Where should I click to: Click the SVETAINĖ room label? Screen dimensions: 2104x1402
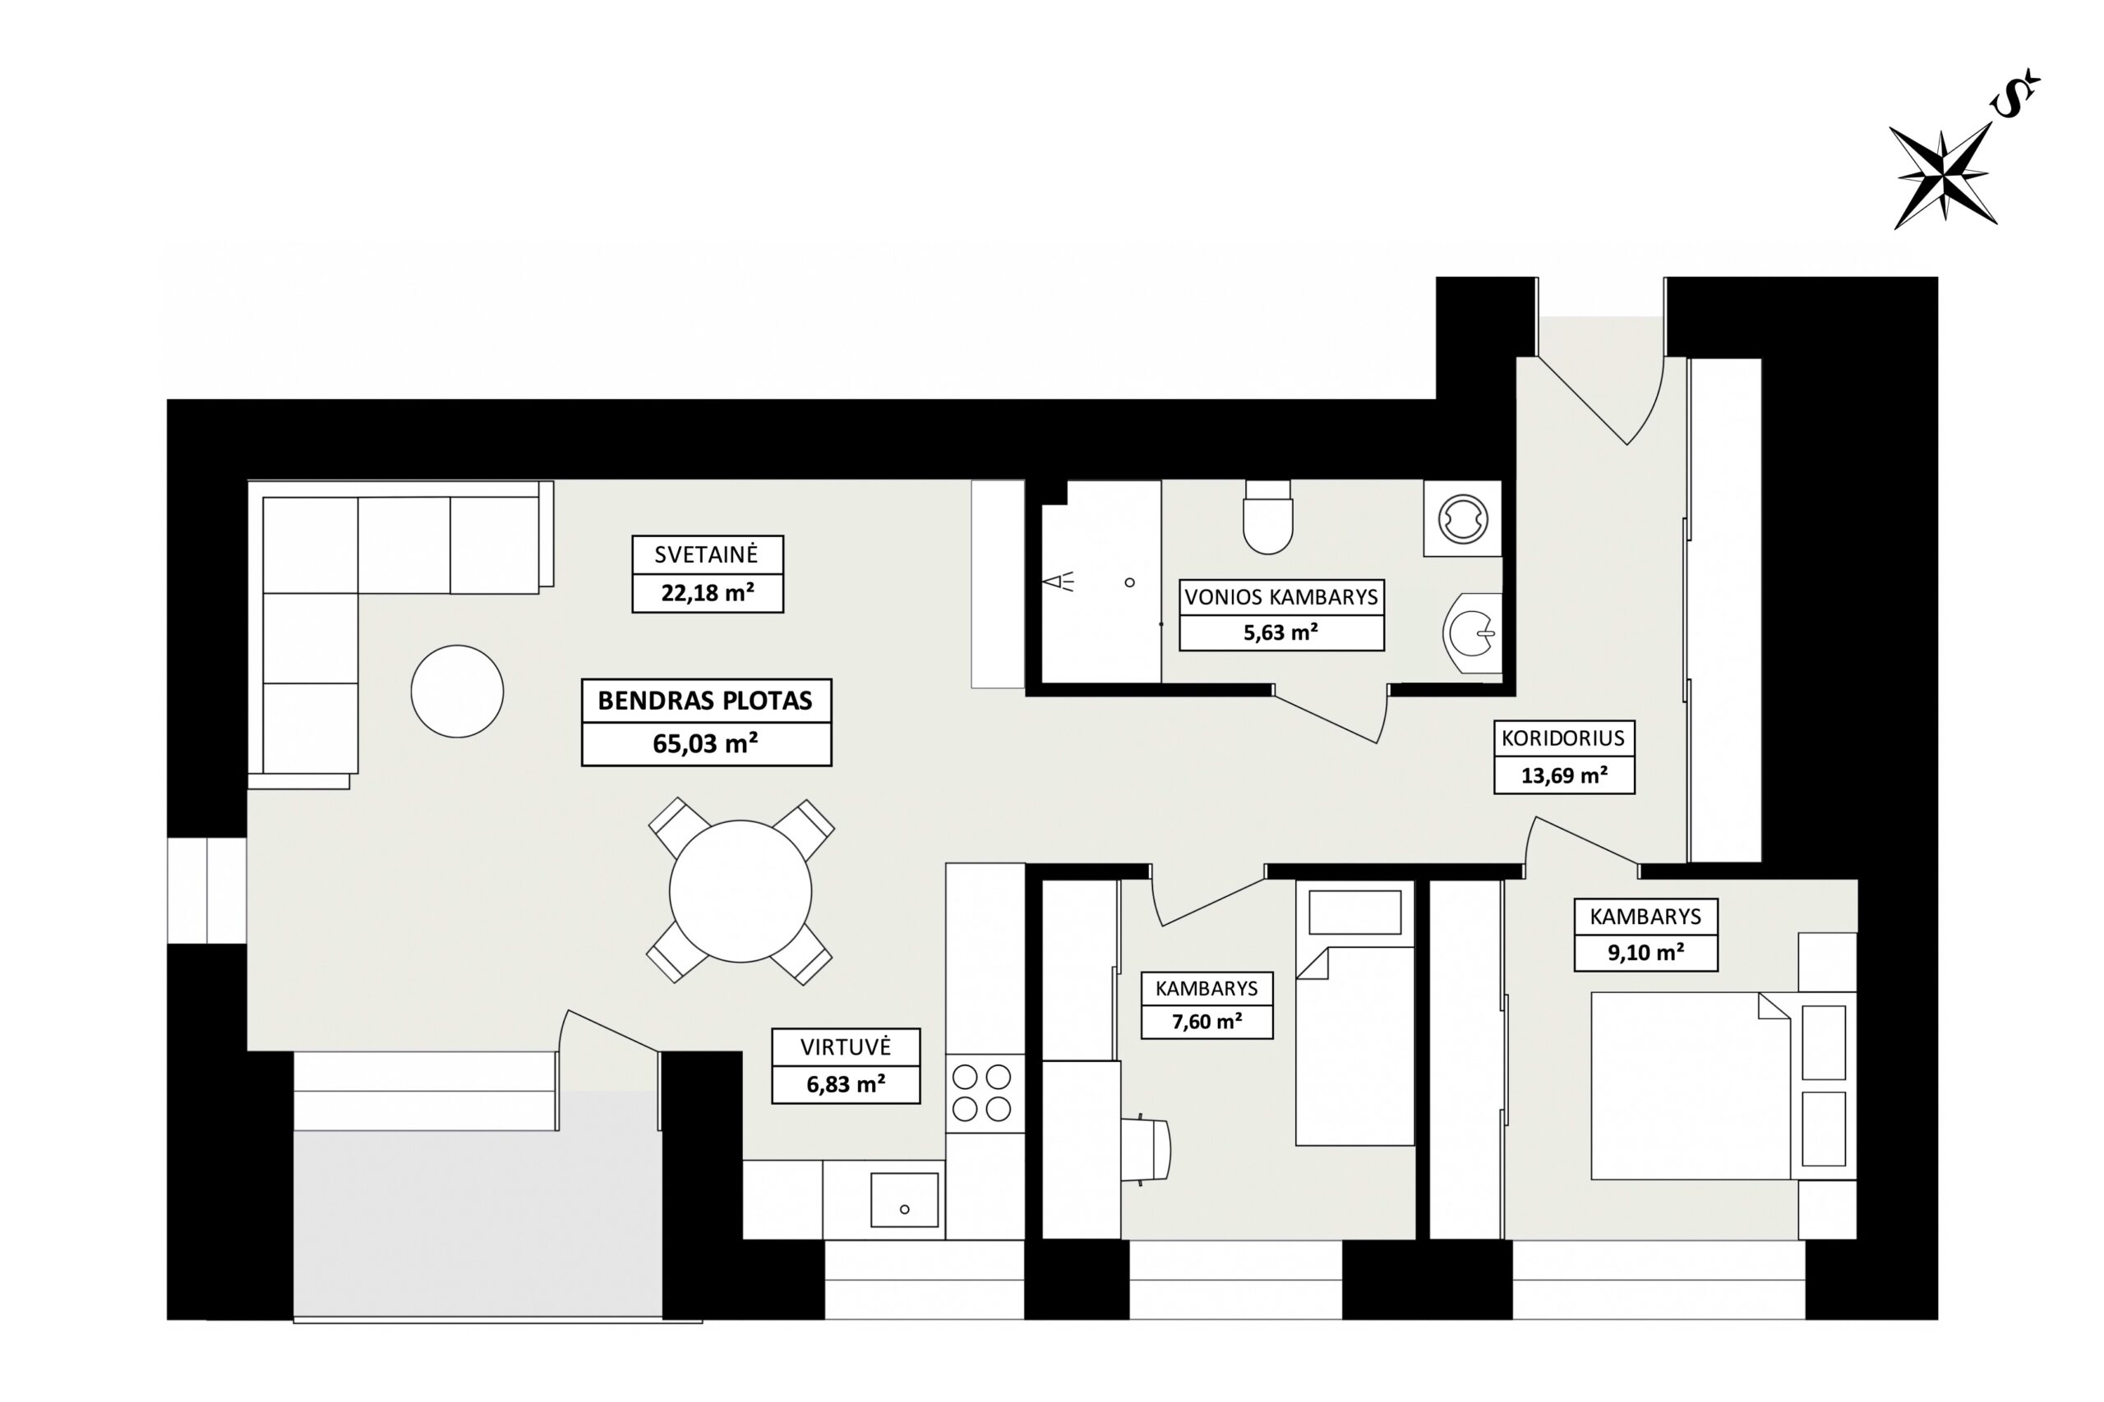[706, 554]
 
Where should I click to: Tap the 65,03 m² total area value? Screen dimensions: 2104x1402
[706, 744]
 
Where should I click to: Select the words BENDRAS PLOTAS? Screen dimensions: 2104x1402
[705, 701]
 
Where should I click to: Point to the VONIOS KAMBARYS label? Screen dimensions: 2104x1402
[1281, 597]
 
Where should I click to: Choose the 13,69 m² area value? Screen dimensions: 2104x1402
[1564, 775]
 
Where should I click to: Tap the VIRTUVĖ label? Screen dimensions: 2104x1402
[846, 1047]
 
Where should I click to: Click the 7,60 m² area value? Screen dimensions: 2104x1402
[1207, 1021]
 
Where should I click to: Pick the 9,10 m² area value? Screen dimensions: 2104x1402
[1645, 952]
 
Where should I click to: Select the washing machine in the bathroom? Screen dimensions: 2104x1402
[1463, 518]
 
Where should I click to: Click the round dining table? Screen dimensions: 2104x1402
[741, 891]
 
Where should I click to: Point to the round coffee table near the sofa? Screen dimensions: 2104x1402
[457, 692]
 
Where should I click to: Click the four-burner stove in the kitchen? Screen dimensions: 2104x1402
[981, 1092]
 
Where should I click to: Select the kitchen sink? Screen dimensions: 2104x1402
[904, 1200]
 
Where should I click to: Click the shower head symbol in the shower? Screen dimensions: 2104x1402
[1058, 582]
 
